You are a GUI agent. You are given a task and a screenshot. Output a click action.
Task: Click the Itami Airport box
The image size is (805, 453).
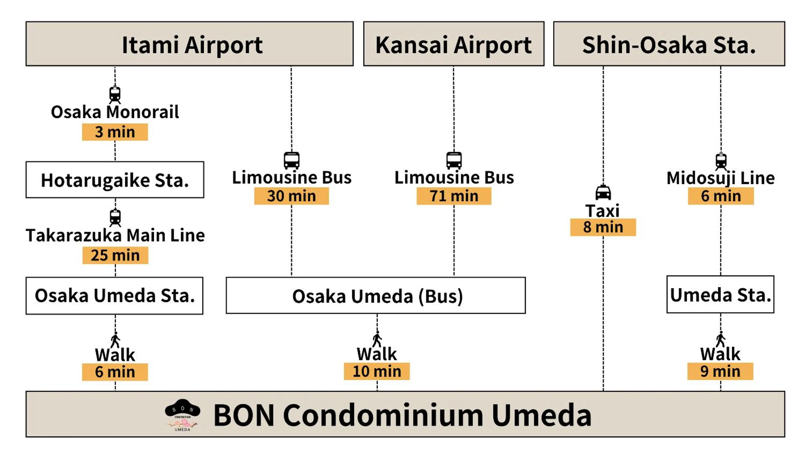click(189, 44)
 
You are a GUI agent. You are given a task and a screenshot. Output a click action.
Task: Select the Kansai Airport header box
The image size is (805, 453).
click(454, 44)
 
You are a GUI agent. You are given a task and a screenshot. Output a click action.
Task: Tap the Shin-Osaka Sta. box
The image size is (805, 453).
click(669, 44)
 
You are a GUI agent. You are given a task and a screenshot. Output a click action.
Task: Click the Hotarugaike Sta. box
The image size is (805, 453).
click(115, 180)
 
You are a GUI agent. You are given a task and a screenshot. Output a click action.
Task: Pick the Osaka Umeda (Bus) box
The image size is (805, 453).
click(376, 296)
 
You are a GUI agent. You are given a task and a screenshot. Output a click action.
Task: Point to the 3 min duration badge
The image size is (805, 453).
click(115, 132)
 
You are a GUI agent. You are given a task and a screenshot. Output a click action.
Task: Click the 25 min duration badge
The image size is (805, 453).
click(115, 255)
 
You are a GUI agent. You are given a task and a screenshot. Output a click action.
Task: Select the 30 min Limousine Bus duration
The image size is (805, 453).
click(291, 196)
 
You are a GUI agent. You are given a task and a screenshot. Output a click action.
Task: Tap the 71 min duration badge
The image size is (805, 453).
click(454, 196)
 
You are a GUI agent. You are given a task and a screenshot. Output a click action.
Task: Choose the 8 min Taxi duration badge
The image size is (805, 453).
click(603, 227)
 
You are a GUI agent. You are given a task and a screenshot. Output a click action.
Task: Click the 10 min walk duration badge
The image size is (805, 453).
click(377, 371)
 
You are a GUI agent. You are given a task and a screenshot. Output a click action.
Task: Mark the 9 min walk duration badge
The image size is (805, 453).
click(720, 371)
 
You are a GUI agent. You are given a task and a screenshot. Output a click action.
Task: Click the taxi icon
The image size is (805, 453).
click(603, 192)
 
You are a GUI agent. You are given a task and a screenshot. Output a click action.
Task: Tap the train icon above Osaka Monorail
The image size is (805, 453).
click(115, 94)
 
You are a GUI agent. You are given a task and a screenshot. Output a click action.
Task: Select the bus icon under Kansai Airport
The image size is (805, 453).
click(454, 160)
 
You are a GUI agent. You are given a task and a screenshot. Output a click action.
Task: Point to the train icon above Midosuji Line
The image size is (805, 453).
click(721, 161)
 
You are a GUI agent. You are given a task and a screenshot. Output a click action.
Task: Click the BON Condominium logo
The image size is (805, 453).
click(183, 415)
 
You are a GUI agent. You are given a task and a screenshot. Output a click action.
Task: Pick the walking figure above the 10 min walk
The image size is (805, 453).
click(377, 339)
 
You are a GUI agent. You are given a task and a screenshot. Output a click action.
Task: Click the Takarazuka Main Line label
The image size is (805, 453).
click(115, 235)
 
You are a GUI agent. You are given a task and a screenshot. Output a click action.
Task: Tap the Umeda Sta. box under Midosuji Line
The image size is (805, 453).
click(720, 294)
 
